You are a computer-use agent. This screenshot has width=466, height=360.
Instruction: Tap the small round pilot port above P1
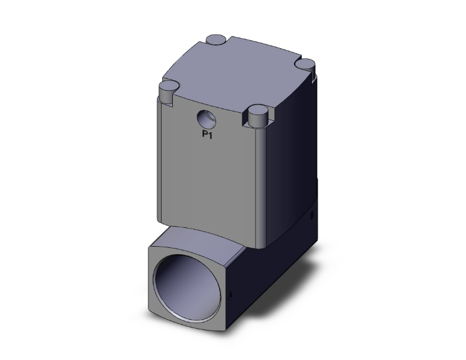tap(205, 117)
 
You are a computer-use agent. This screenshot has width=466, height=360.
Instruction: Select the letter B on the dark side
tap(311, 216)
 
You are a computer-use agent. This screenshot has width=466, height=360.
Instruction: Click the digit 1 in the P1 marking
tap(211, 133)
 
